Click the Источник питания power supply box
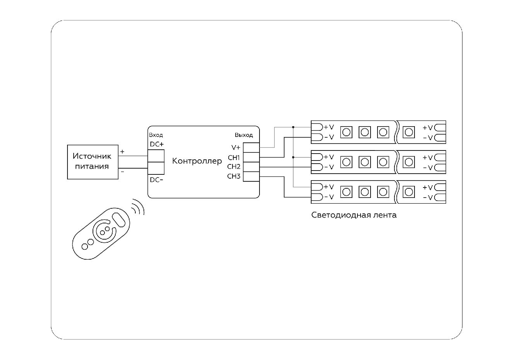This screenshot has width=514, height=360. tap(93, 162)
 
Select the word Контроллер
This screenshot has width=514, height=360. tap(197, 161)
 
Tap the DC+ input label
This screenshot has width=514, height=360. tap(157, 144)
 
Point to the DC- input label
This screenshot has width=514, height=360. tap(157, 180)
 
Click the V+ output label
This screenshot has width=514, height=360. tap(236, 147)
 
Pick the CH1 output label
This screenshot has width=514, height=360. tap(234, 157)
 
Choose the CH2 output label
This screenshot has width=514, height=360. tap(234, 167)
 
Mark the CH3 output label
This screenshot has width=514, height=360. tap(234, 176)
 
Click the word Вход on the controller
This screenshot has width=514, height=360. tap(156, 135)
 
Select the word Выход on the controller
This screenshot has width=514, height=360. tap(244, 135)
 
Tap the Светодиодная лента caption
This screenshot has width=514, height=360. tap(354, 215)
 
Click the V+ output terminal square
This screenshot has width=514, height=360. tap(251, 147)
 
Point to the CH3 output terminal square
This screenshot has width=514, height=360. tap(251, 176)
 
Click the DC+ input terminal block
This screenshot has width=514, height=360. tap(156, 155)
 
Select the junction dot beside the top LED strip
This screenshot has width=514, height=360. tap(293, 127)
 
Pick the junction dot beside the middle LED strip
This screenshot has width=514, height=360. tap(293, 157)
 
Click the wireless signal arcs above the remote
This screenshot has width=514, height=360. tap(138, 208)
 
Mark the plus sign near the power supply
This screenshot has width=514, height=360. tap(122, 152)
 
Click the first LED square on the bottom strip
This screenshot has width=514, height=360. tap(346, 192)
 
